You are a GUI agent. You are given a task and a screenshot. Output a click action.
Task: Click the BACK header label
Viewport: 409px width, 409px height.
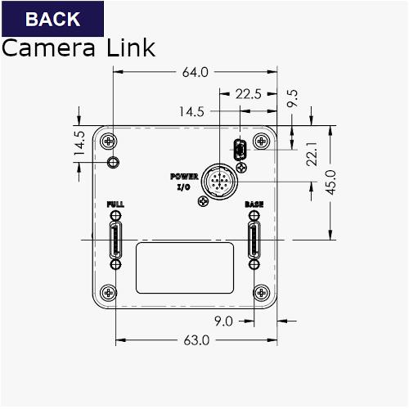pyautogui.click(x=52, y=19)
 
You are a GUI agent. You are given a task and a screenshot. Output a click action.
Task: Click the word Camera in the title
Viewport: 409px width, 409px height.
pyautogui.click(x=48, y=47)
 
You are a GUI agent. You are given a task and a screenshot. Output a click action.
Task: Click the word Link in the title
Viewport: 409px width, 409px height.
pyautogui.click(x=131, y=47)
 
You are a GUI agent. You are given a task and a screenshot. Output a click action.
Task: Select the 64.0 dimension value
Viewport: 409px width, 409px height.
pyautogui.click(x=196, y=72)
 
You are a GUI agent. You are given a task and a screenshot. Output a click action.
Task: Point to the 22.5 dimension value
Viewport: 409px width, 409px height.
pyautogui.click(x=249, y=94)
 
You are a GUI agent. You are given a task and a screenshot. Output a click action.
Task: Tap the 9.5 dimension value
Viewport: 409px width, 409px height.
pyautogui.click(x=292, y=98)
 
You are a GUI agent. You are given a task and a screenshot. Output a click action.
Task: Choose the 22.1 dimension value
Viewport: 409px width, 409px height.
pyautogui.click(x=312, y=154)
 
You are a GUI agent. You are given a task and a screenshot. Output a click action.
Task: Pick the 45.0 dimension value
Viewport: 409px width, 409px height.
pyautogui.click(x=330, y=182)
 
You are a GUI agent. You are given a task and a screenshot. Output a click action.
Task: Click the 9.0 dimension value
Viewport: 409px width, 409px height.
pyautogui.click(x=223, y=321)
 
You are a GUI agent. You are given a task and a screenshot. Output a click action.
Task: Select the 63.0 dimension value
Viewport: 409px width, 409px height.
pyautogui.click(x=196, y=340)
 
